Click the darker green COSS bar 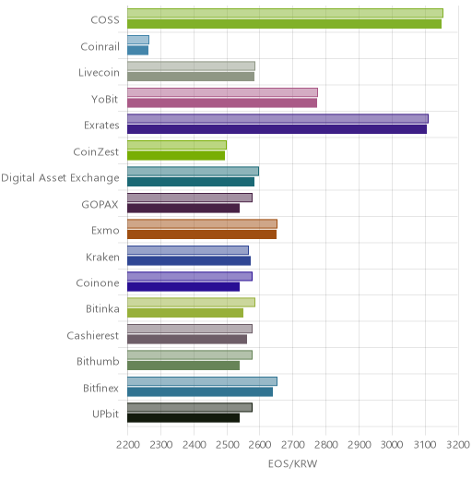(x=284, y=24)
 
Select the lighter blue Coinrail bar (x=138, y=40)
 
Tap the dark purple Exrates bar (x=277, y=129)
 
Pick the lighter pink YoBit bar (x=223, y=92)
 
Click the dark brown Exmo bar (x=202, y=234)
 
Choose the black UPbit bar (x=183, y=418)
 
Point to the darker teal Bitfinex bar (x=200, y=392)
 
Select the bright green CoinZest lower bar (x=176, y=156)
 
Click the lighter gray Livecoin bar (x=191, y=66)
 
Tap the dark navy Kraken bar (x=189, y=261)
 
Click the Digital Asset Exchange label (x=60, y=178)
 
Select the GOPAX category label (x=100, y=204)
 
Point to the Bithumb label (x=98, y=361)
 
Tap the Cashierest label (x=92, y=335)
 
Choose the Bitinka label (x=102, y=308)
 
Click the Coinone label (x=98, y=282)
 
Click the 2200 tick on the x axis (x=127, y=445)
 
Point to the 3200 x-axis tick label (x=458, y=445)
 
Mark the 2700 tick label (x=293, y=445)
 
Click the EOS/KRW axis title (x=292, y=463)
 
